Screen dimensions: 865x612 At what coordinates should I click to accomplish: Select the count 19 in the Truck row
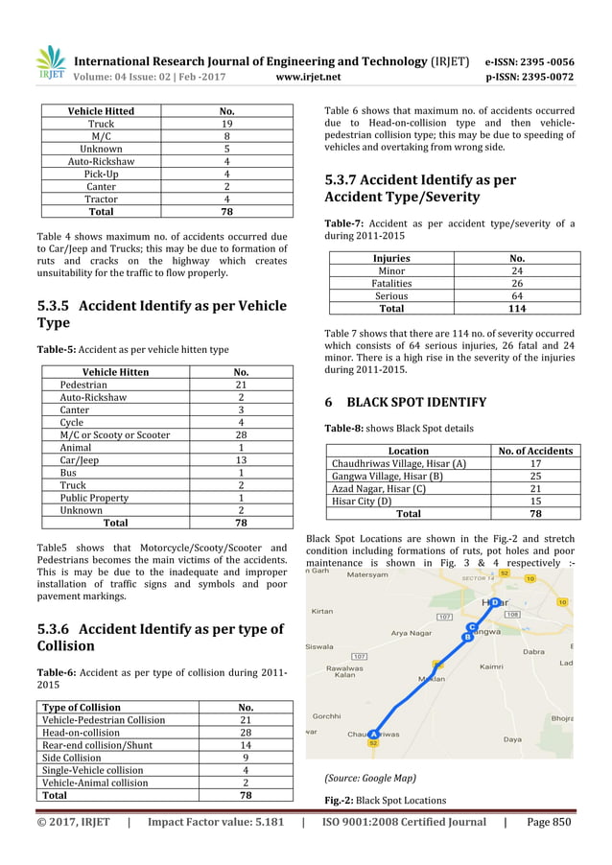pos(226,124)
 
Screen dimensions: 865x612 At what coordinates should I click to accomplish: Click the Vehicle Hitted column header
pos(101,111)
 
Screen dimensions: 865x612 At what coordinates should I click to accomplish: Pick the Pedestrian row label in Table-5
pos(83,385)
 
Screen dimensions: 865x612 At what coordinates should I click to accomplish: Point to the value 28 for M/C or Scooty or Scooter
pos(242,434)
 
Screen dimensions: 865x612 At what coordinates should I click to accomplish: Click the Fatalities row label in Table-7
pos(391,284)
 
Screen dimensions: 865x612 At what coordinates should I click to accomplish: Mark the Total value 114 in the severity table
pos(517,309)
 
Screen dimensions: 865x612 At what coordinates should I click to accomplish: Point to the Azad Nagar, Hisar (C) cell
pos(379,488)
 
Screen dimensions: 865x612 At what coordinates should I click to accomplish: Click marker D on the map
pos(493,602)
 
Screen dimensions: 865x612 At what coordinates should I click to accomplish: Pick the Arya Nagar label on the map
pos(412,633)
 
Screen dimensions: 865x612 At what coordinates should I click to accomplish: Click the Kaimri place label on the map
pos(492,666)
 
